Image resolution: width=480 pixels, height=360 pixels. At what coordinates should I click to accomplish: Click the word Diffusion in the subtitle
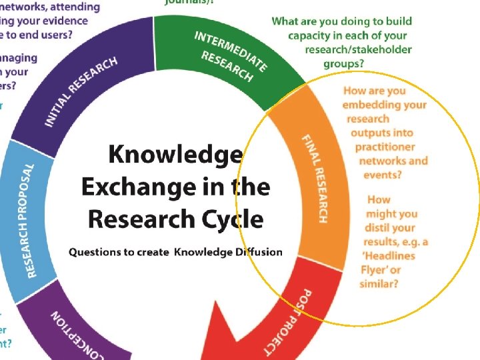257,252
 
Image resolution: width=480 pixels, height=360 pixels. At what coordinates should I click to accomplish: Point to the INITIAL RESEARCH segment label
81,91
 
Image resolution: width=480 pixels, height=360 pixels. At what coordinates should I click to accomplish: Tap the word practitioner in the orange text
385,147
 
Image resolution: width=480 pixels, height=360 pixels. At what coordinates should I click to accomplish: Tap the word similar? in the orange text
379,284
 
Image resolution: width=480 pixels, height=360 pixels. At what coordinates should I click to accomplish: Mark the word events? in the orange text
382,175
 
